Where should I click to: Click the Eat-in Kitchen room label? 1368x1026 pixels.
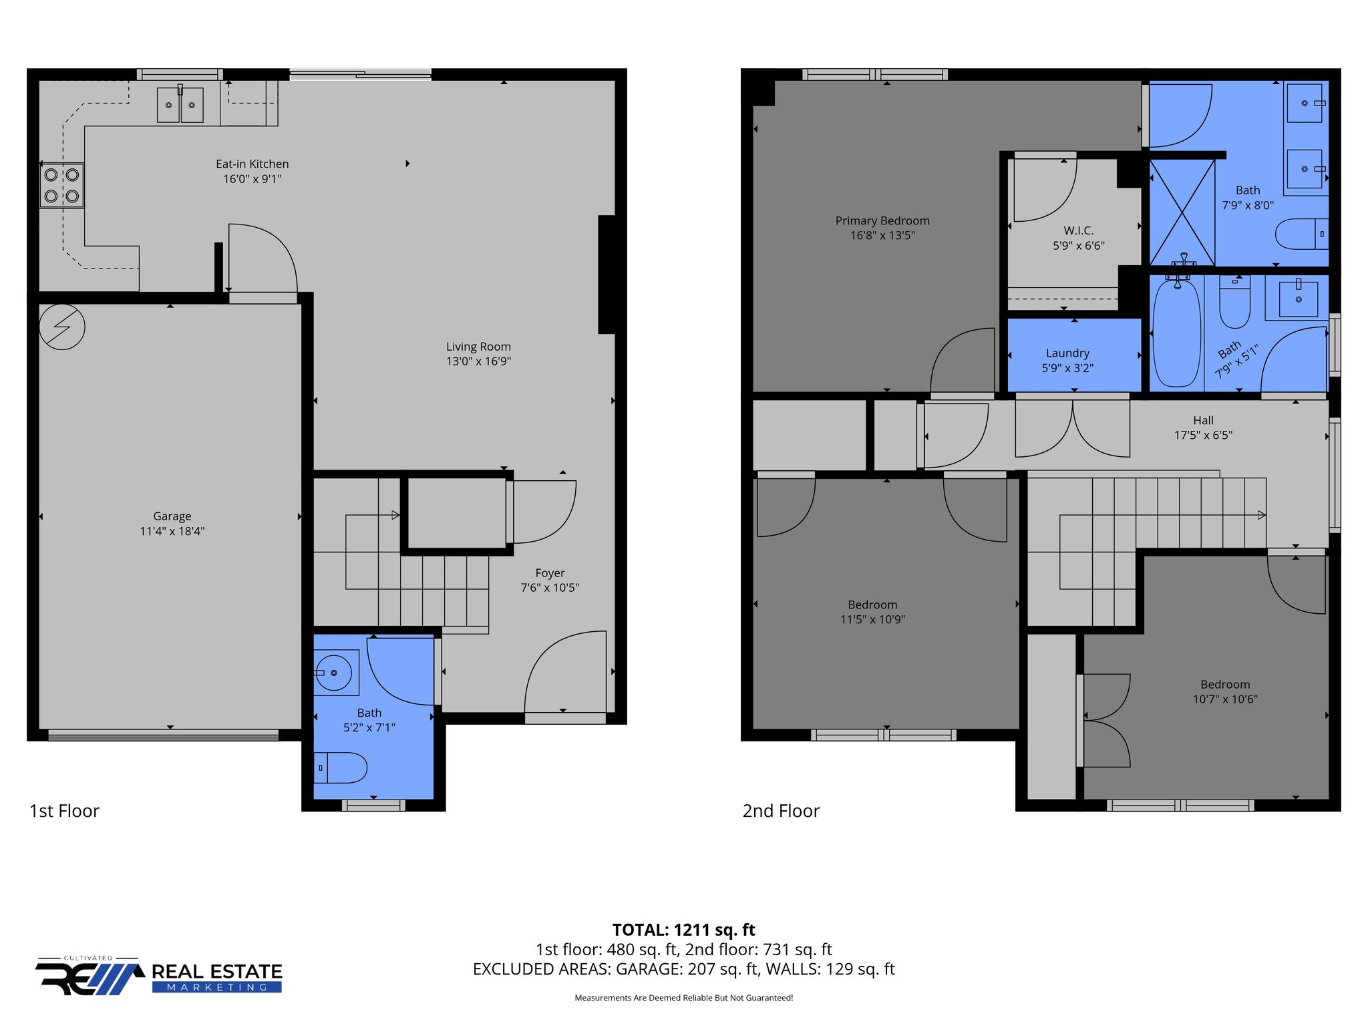click(252, 164)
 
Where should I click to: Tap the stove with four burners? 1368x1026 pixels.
click(61, 186)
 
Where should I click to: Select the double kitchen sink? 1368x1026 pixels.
click(180, 105)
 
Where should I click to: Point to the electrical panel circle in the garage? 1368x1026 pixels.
click(62, 327)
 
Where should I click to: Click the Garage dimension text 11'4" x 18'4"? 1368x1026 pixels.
click(172, 531)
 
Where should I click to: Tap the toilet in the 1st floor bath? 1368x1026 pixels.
click(341, 767)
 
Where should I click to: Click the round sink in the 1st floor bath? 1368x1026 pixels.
click(333, 673)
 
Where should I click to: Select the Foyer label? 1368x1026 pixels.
click(550, 573)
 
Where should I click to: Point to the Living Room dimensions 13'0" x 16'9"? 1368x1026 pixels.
click(478, 361)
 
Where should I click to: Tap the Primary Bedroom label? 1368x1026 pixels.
click(882, 220)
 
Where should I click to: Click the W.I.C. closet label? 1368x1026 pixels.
click(1078, 230)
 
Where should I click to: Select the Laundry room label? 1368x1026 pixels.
click(1067, 353)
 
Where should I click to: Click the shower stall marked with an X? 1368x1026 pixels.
click(1182, 212)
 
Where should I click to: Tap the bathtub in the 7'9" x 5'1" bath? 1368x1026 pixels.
click(1176, 333)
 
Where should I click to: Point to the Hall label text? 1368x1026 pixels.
click(1203, 420)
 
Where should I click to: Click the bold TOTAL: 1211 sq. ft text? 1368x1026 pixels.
click(683, 929)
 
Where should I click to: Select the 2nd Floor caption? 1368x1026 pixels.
click(781, 811)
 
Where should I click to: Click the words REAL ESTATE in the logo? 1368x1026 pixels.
click(217, 971)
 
